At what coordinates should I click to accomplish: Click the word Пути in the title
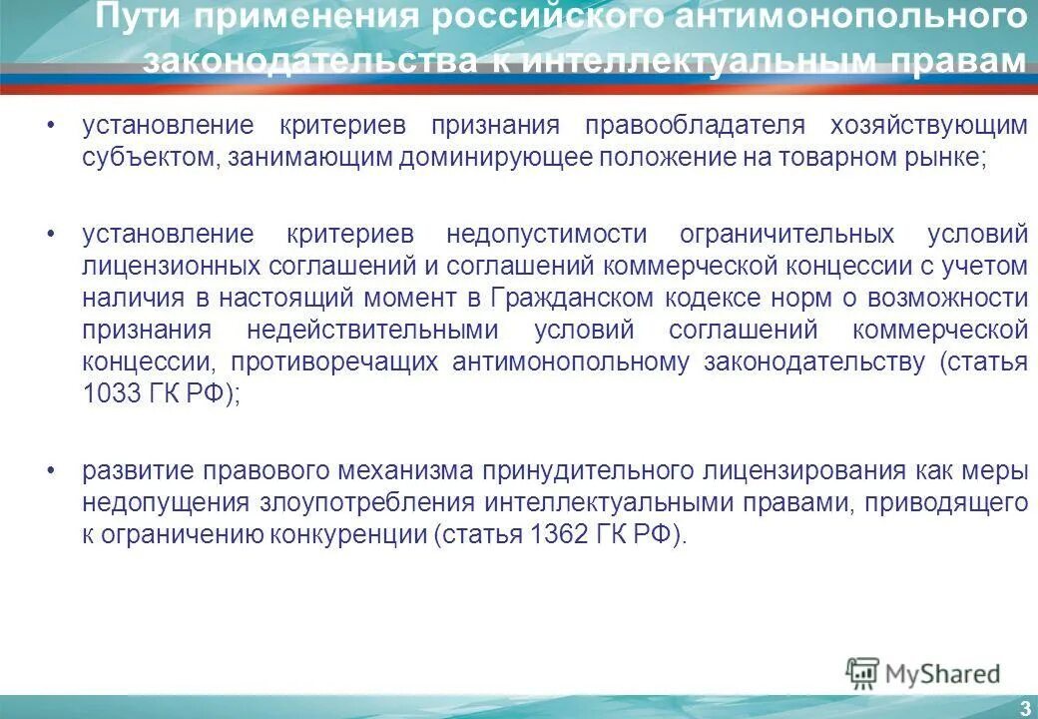137,17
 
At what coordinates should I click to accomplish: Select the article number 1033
108,392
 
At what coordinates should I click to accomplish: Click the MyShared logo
923,674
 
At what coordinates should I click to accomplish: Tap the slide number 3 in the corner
1024,708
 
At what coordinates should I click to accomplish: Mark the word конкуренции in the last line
347,533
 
